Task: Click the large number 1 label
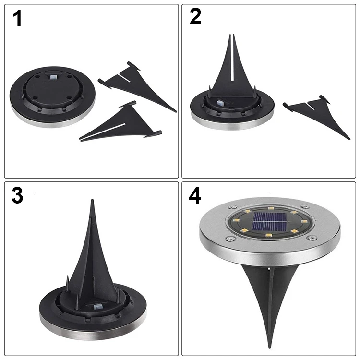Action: click(17, 19)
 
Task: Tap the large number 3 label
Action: click(17, 195)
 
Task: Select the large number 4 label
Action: click(195, 195)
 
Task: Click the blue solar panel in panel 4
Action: click(269, 222)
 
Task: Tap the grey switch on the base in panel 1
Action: click(53, 77)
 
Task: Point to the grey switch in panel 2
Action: click(220, 102)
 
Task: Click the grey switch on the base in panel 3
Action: click(97, 306)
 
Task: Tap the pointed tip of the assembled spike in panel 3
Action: click(92, 200)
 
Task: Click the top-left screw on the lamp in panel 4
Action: click(232, 207)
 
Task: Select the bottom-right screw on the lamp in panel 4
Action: click(312, 238)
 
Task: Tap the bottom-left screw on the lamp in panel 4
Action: click(229, 239)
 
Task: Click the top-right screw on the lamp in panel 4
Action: click(305, 206)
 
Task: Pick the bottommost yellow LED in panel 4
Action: click(268, 235)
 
